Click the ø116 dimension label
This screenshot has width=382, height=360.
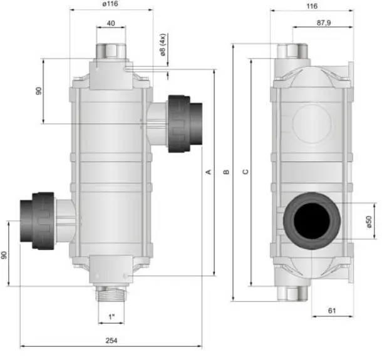point(110,4)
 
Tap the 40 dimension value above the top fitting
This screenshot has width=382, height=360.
point(111,23)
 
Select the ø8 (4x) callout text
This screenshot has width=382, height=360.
point(162,44)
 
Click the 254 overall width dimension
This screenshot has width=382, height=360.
point(111,340)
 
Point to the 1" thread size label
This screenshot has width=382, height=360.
point(111,317)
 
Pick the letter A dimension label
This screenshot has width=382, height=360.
point(209,172)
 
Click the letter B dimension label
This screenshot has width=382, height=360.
point(226,172)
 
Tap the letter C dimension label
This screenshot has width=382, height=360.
point(245,172)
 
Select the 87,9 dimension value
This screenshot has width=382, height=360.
point(324,23)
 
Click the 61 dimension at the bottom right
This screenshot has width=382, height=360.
point(332,311)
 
